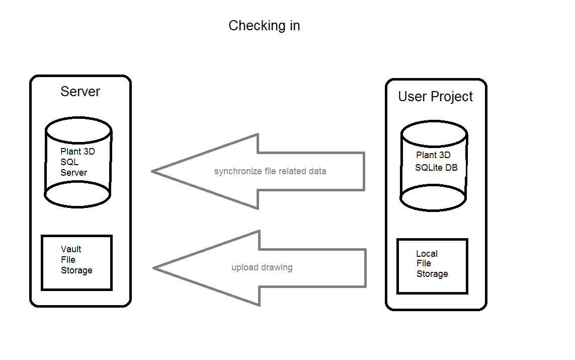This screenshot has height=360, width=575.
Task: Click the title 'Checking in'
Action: click(x=264, y=26)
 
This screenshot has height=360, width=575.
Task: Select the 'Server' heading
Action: click(x=80, y=92)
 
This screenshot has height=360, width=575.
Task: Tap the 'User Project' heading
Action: click(x=435, y=97)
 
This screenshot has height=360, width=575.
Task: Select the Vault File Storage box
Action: click(x=76, y=262)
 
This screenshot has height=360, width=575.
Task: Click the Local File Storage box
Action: click(x=432, y=266)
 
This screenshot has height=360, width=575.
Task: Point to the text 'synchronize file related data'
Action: click(x=270, y=171)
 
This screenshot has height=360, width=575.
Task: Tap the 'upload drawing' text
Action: click(x=262, y=267)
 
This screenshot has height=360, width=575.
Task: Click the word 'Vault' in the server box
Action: click(x=71, y=249)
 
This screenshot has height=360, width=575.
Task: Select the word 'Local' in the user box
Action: click(x=427, y=254)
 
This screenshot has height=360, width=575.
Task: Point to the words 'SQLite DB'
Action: click(x=436, y=168)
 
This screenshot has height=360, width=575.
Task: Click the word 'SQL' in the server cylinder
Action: click(x=69, y=162)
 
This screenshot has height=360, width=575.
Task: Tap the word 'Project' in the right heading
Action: click(x=452, y=97)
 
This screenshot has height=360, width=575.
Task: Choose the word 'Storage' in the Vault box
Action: click(x=76, y=270)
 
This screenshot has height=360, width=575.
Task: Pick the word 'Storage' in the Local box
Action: click(x=432, y=274)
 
